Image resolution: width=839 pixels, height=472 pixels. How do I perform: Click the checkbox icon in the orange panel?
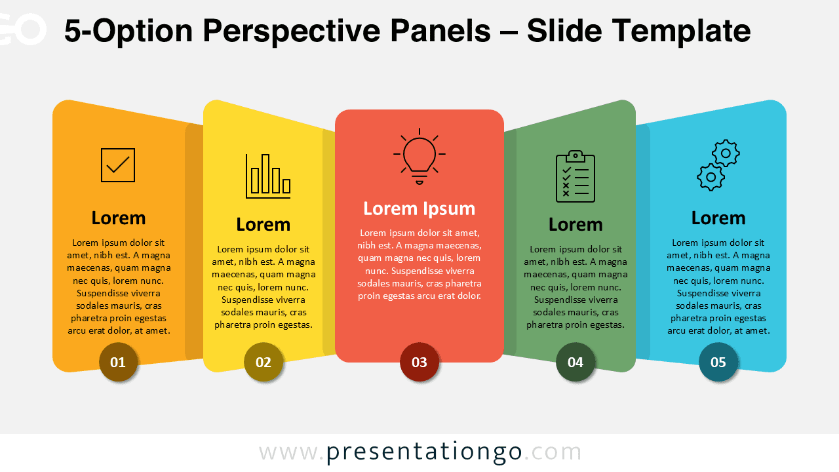pyautogui.click(x=118, y=165)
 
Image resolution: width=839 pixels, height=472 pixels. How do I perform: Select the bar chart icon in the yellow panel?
pyautogui.click(x=268, y=176)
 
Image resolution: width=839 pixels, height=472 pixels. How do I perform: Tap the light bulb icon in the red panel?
pyautogui.click(x=419, y=156)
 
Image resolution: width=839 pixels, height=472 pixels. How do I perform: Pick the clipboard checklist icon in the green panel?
pyautogui.click(x=576, y=176)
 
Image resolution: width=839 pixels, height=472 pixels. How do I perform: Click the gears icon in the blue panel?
pyautogui.click(x=718, y=165)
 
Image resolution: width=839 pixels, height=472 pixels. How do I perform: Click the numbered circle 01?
pyautogui.click(x=118, y=362)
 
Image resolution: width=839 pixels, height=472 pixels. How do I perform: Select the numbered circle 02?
pyautogui.click(x=263, y=362)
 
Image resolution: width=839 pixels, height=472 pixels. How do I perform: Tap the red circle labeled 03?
pyautogui.click(x=419, y=362)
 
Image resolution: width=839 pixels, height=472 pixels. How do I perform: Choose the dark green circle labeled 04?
pyautogui.click(x=576, y=362)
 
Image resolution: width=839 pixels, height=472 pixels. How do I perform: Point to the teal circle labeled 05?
pyautogui.click(x=718, y=362)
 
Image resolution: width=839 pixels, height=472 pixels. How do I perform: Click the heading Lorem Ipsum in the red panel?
pyautogui.click(x=419, y=208)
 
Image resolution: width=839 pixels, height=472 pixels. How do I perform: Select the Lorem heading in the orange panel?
pyautogui.click(x=119, y=218)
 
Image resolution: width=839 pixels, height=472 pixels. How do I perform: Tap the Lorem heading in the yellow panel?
pyautogui.click(x=263, y=224)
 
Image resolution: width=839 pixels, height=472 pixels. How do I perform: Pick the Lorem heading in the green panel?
pyautogui.click(x=576, y=224)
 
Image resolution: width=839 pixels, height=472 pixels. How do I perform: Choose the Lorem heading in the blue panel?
pyautogui.click(x=718, y=218)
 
